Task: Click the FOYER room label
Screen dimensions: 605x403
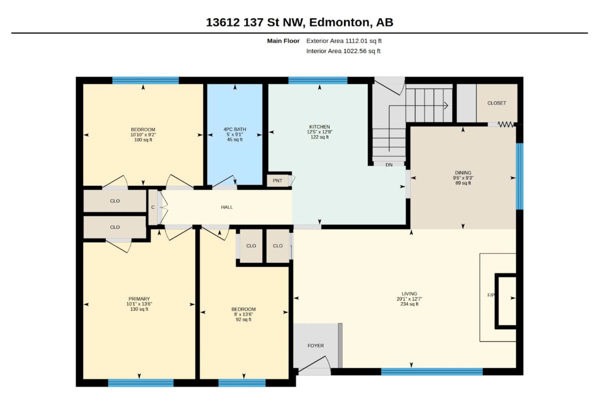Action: [316, 346]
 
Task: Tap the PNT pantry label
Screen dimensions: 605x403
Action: [277, 181]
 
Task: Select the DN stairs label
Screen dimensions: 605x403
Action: [389, 165]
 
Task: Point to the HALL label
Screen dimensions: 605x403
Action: [227, 207]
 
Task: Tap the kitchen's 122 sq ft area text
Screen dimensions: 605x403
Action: [319, 137]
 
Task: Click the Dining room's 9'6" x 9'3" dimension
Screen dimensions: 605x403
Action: [463, 178]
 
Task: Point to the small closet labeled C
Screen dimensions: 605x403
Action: [153, 207]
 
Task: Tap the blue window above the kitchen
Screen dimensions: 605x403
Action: [318, 80]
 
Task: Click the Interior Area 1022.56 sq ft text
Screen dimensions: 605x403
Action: [343, 51]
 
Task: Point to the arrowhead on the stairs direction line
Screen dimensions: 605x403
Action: [446, 106]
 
